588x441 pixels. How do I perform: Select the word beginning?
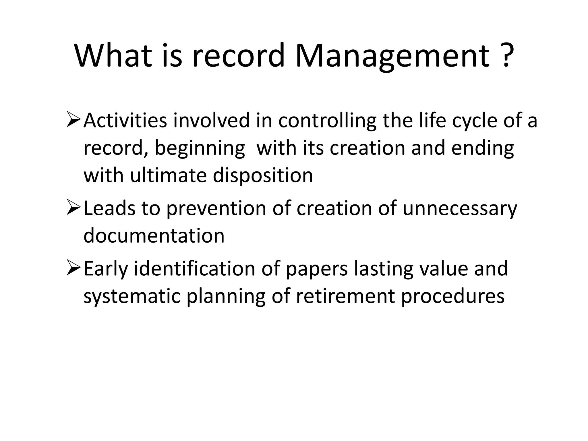click(x=200, y=149)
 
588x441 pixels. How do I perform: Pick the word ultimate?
click(x=168, y=175)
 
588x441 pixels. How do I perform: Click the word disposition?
click(x=263, y=175)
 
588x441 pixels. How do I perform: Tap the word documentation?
click(x=154, y=235)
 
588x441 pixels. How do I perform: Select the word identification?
click(x=194, y=268)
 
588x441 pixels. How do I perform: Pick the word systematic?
click(x=132, y=296)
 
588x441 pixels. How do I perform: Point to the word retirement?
click(x=345, y=296)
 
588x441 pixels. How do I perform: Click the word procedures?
click(x=452, y=296)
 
